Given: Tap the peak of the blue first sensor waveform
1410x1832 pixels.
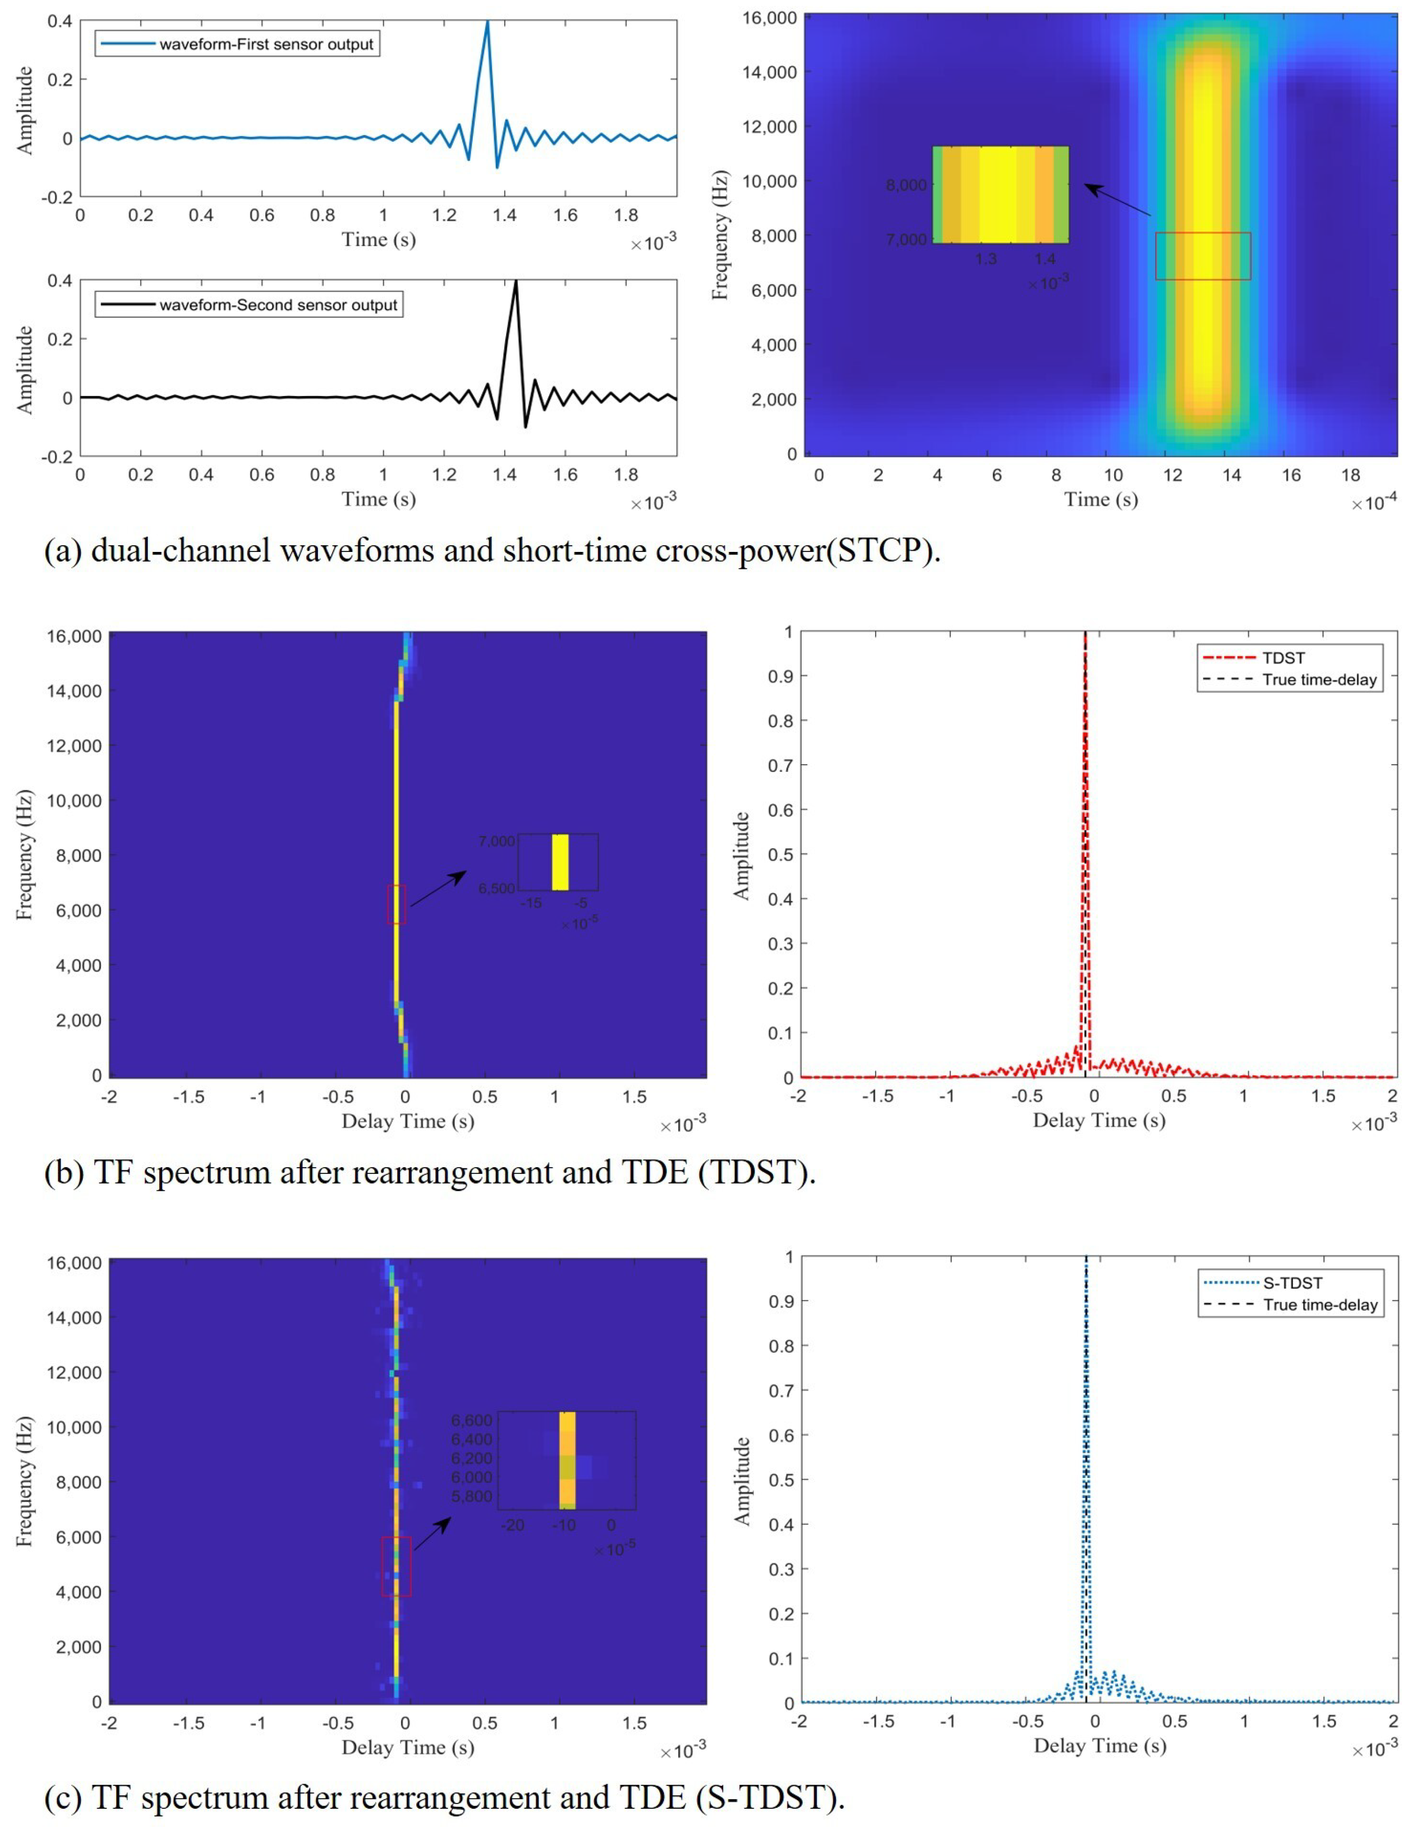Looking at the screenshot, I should point(487,22).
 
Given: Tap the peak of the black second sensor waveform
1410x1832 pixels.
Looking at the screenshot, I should point(516,281).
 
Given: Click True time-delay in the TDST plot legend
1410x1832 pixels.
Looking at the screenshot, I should point(1320,679).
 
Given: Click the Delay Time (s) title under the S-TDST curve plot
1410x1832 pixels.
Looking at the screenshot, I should point(1100,1745).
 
